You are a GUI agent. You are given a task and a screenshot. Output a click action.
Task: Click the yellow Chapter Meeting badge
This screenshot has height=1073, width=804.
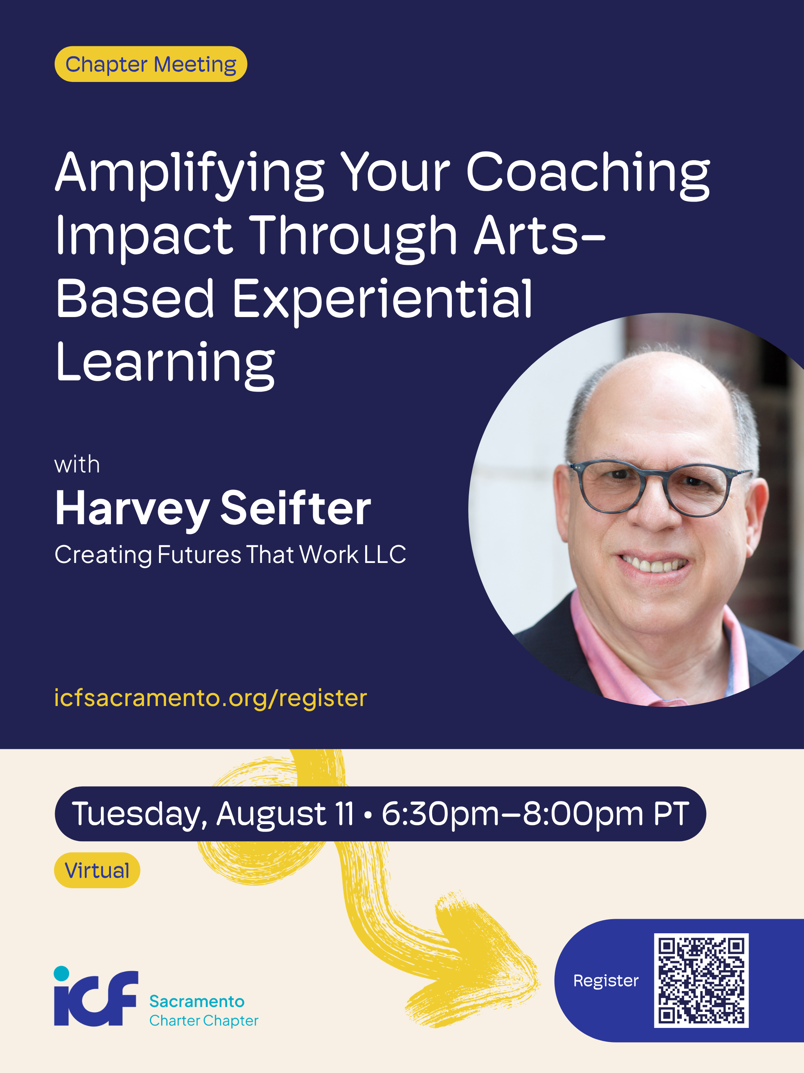tap(151, 64)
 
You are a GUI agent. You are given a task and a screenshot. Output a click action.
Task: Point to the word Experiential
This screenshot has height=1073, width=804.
tap(382, 301)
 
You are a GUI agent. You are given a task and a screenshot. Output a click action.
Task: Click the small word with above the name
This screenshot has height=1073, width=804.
tap(77, 465)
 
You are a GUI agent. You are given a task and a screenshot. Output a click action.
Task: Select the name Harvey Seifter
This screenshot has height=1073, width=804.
tap(213, 509)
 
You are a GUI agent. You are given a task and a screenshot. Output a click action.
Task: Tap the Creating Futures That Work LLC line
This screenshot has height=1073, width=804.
tap(230, 554)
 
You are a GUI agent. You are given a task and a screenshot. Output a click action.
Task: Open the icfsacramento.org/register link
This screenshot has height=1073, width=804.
tap(210, 698)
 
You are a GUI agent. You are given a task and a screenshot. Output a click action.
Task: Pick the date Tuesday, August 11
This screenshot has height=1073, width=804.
tap(213, 814)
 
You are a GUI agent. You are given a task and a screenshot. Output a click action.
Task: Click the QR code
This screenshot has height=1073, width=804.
tap(701, 980)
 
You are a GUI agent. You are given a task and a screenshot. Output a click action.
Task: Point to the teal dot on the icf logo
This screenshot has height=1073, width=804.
tap(61, 973)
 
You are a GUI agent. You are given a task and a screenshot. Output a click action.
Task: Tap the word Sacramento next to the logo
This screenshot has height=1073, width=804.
tap(197, 1001)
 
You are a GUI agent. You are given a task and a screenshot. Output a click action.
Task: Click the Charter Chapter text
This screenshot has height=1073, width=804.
tap(204, 1020)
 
